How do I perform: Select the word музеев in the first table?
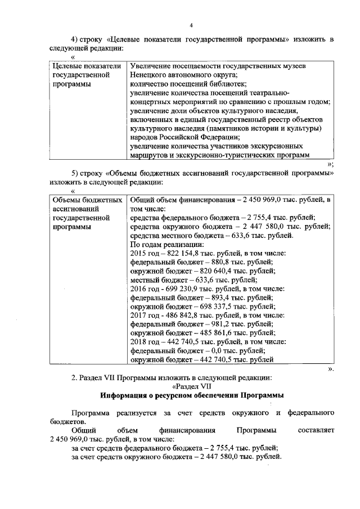click(293, 66)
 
